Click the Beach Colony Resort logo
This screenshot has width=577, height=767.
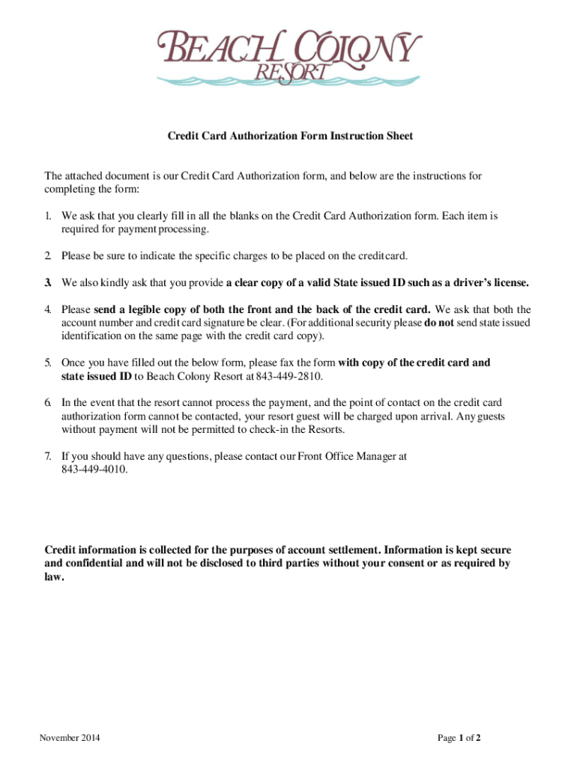point(288,57)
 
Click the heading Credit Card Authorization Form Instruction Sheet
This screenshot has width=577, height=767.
point(289,136)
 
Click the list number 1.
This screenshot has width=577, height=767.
point(47,216)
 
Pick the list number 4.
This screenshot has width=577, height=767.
point(47,309)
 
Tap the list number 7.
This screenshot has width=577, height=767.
point(47,455)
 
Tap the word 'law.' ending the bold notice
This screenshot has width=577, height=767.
point(55,577)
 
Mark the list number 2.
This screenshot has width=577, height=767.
point(47,255)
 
